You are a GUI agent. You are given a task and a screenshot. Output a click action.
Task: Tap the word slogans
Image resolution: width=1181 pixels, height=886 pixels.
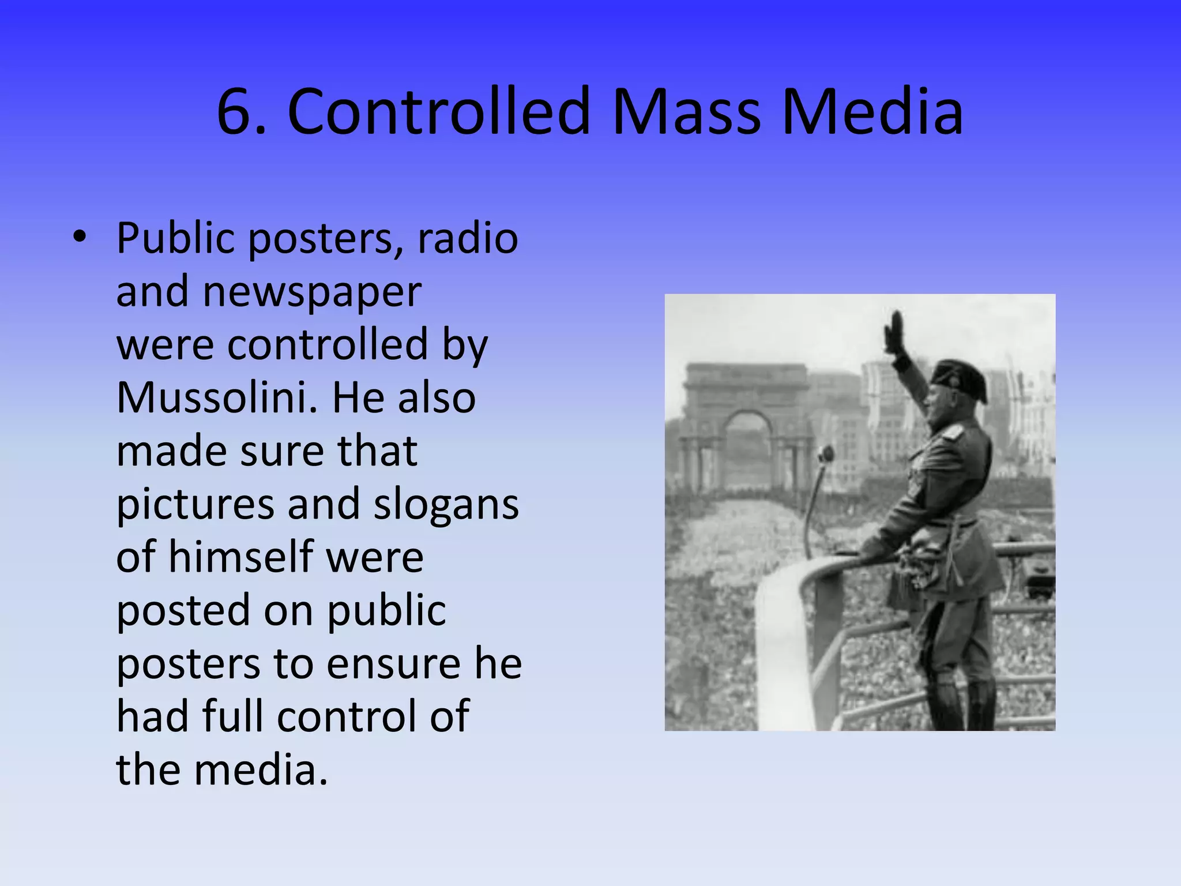[x=446, y=504]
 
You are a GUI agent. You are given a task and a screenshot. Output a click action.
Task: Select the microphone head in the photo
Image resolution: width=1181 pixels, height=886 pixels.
[x=826, y=455]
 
